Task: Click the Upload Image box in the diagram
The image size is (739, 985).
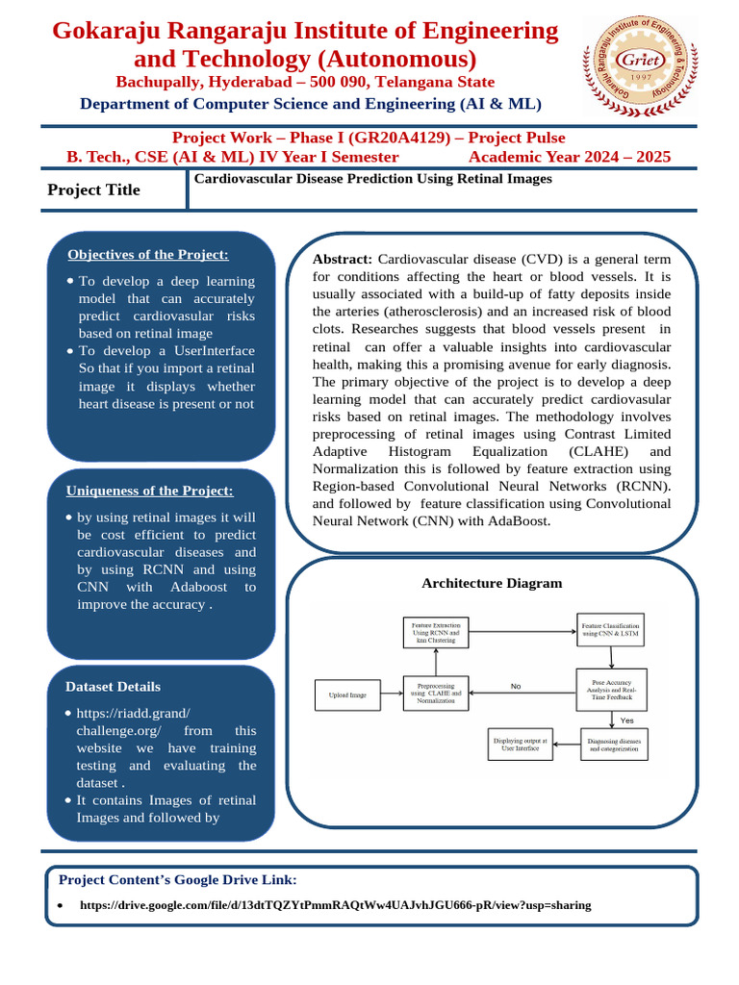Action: [x=347, y=694]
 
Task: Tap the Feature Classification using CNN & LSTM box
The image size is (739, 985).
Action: [x=610, y=630]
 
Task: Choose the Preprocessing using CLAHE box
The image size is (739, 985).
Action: [x=435, y=694]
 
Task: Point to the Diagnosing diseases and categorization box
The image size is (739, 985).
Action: [x=614, y=745]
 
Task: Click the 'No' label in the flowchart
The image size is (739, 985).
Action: [x=516, y=686]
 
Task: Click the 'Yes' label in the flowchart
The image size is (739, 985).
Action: [x=626, y=720]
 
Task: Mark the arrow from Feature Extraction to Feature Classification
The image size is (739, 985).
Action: [x=522, y=632]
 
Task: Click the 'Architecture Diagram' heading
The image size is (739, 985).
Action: [x=492, y=583]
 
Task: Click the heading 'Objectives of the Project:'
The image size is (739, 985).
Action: [x=148, y=254]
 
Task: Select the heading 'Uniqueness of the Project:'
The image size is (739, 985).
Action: [x=149, y=491]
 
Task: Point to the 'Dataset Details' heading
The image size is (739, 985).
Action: [x=113, y=687]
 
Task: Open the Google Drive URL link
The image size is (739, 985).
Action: [x=335, y=905]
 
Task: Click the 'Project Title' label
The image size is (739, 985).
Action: [x=93, y=189]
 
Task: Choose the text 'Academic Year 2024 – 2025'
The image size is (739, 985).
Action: [x=570, y=157]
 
